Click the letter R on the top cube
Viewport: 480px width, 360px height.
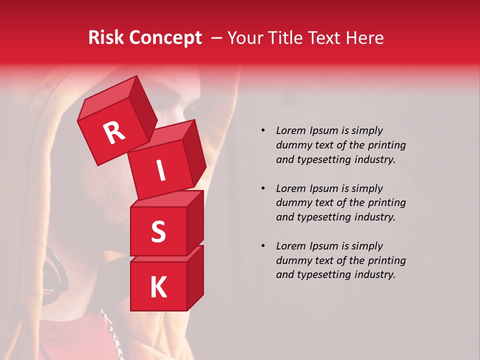114,132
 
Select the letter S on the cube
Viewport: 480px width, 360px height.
158,232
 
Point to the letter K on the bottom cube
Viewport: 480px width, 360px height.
158,287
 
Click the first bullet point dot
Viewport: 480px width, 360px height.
263,130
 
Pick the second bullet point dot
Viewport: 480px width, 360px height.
263,188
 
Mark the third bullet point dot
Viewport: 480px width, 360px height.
263,246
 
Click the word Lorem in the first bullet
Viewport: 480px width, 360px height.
291,130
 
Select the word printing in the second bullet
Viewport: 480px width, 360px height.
386,203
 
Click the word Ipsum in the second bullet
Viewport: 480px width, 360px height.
325,188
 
